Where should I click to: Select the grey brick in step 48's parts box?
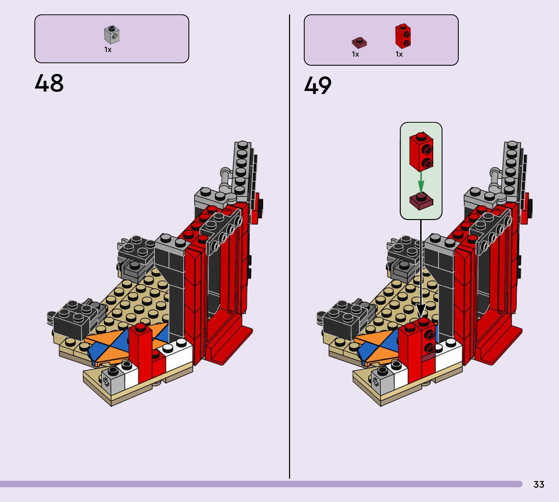(x=112, y=35)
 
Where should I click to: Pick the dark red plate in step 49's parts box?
(x=359, y=43)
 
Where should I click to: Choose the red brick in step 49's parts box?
(x=403, y=36)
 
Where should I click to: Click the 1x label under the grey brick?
(x=108, y=50)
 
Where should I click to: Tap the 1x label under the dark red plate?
(x=355, y=54)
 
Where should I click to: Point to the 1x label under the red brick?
(x=399, y=54)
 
